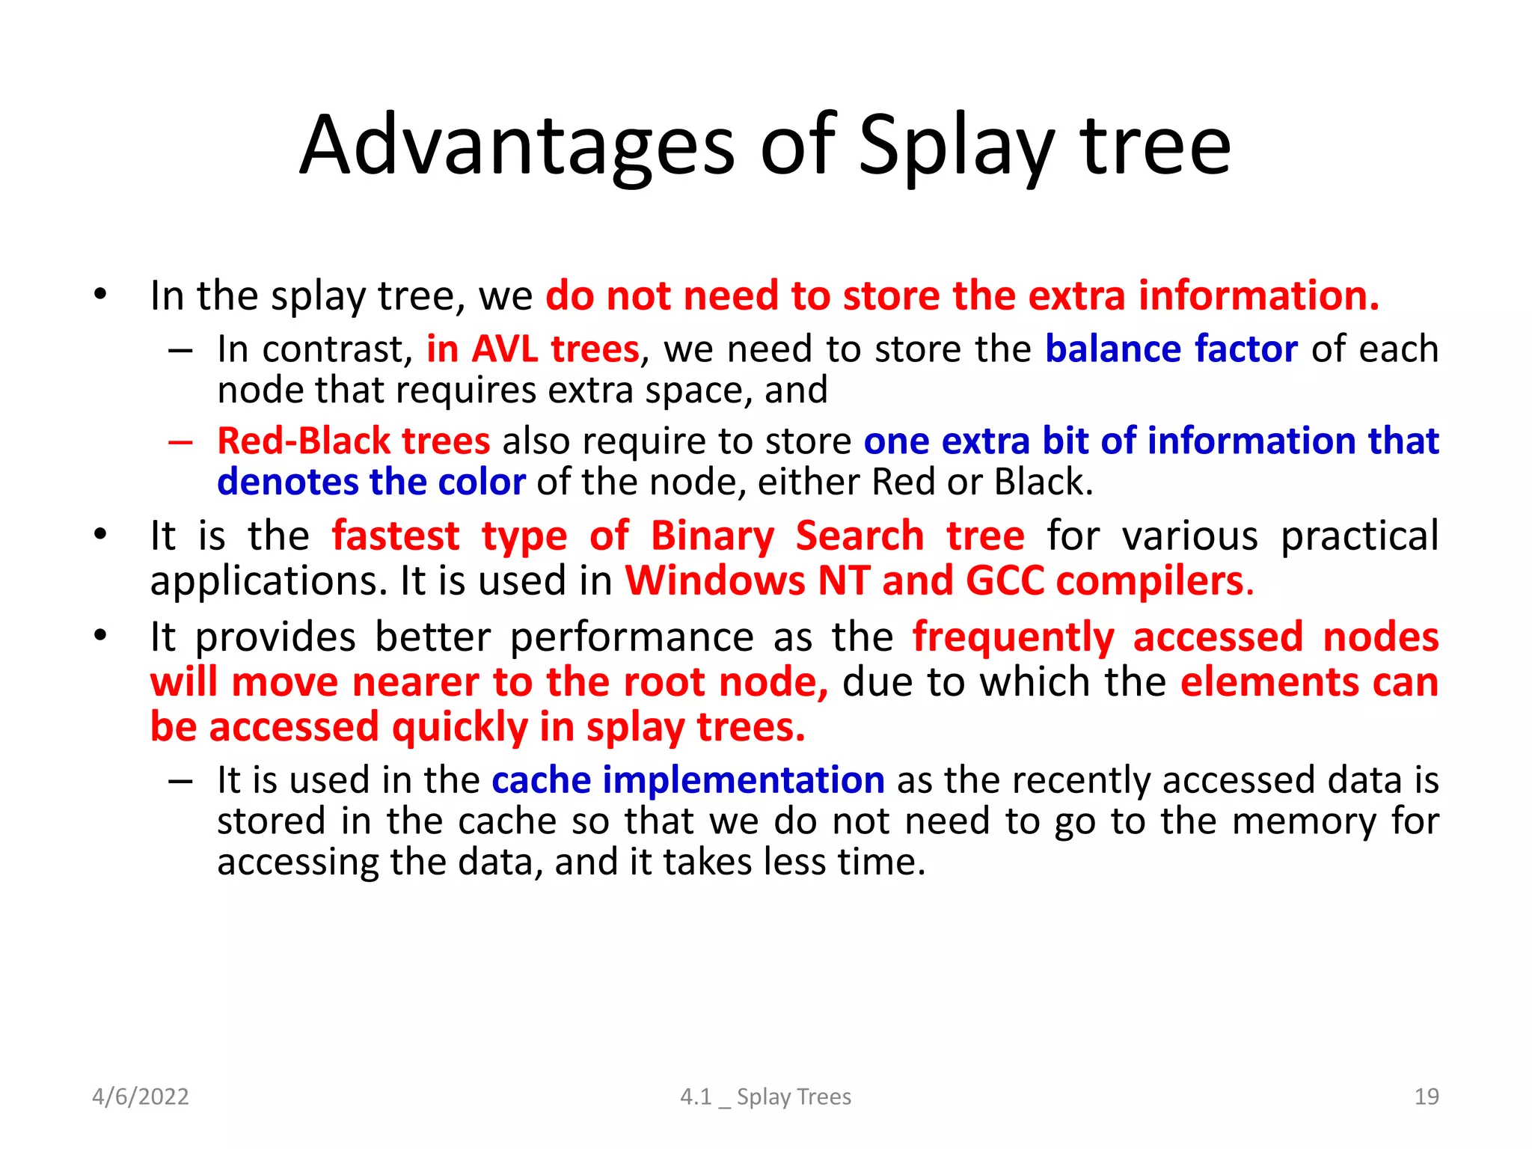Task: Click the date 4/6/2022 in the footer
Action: coord(140,1097)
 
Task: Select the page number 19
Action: coord(1427,1097)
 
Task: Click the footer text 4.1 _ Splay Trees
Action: coord(765,1097)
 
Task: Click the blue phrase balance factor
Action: coord(1171,349)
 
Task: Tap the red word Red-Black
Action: coord(304,441)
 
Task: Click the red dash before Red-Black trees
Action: coord(180,441)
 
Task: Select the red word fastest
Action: coord(396,536)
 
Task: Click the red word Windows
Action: coord(715,581)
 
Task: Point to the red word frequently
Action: coord(1014,638)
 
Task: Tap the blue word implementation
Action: coord(744,780)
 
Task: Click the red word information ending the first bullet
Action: coord(1258,295)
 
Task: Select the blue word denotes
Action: coord(287,482)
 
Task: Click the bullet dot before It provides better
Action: coord(101,636)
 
